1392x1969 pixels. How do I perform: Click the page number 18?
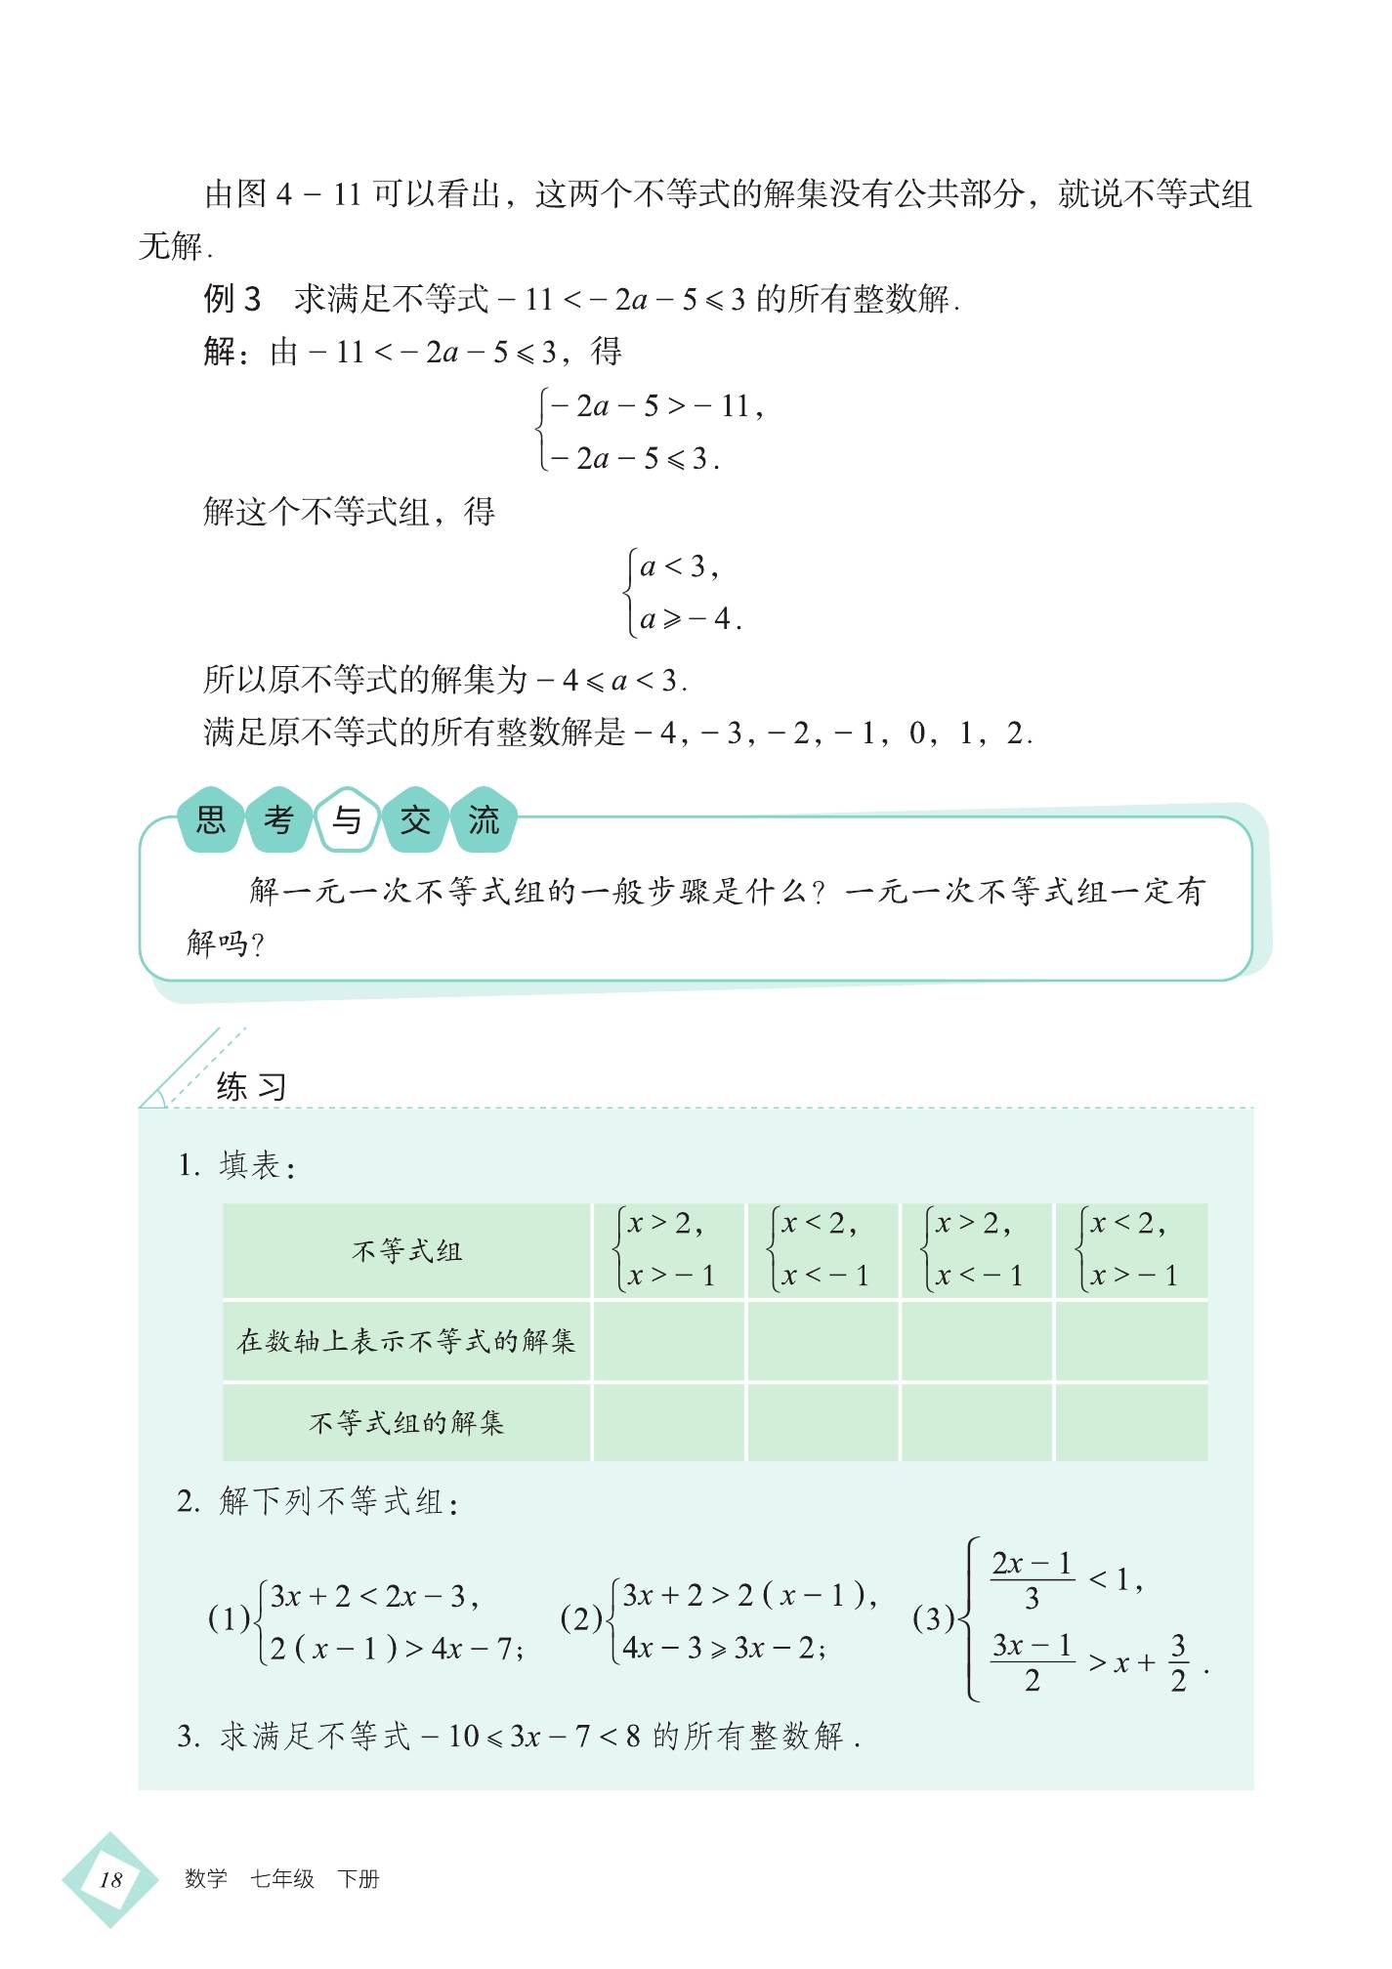click(110, 1879)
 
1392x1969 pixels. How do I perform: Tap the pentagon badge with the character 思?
click(211, 819)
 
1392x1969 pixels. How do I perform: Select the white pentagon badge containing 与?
click(347, 819)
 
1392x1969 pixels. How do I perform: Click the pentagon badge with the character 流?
click(484, 819)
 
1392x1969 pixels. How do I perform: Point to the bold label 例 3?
click(232, 299)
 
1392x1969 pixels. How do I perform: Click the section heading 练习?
click(251, 1086)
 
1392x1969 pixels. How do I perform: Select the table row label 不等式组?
click(406, 1251)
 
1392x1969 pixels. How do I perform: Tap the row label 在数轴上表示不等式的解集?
click(406, 1341)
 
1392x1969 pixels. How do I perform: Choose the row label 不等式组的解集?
click(406, 1422)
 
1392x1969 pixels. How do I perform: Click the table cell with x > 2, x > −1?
click(668, 1250)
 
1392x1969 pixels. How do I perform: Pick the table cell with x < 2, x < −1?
click(823, 1250)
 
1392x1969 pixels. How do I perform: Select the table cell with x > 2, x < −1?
click(977, 1250)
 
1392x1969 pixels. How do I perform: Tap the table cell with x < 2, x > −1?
click(1131, 1250)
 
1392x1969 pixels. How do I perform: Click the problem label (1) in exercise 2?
click(229, 1619)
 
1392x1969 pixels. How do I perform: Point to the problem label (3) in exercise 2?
click(933, 1619)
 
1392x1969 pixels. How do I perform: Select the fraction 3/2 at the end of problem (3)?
click(1178, 1663)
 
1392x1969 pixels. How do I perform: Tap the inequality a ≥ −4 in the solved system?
click(690, 619)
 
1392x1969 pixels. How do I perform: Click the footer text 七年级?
click(282, 1879)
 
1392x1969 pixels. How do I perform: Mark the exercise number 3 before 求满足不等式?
click(188, 1737)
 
